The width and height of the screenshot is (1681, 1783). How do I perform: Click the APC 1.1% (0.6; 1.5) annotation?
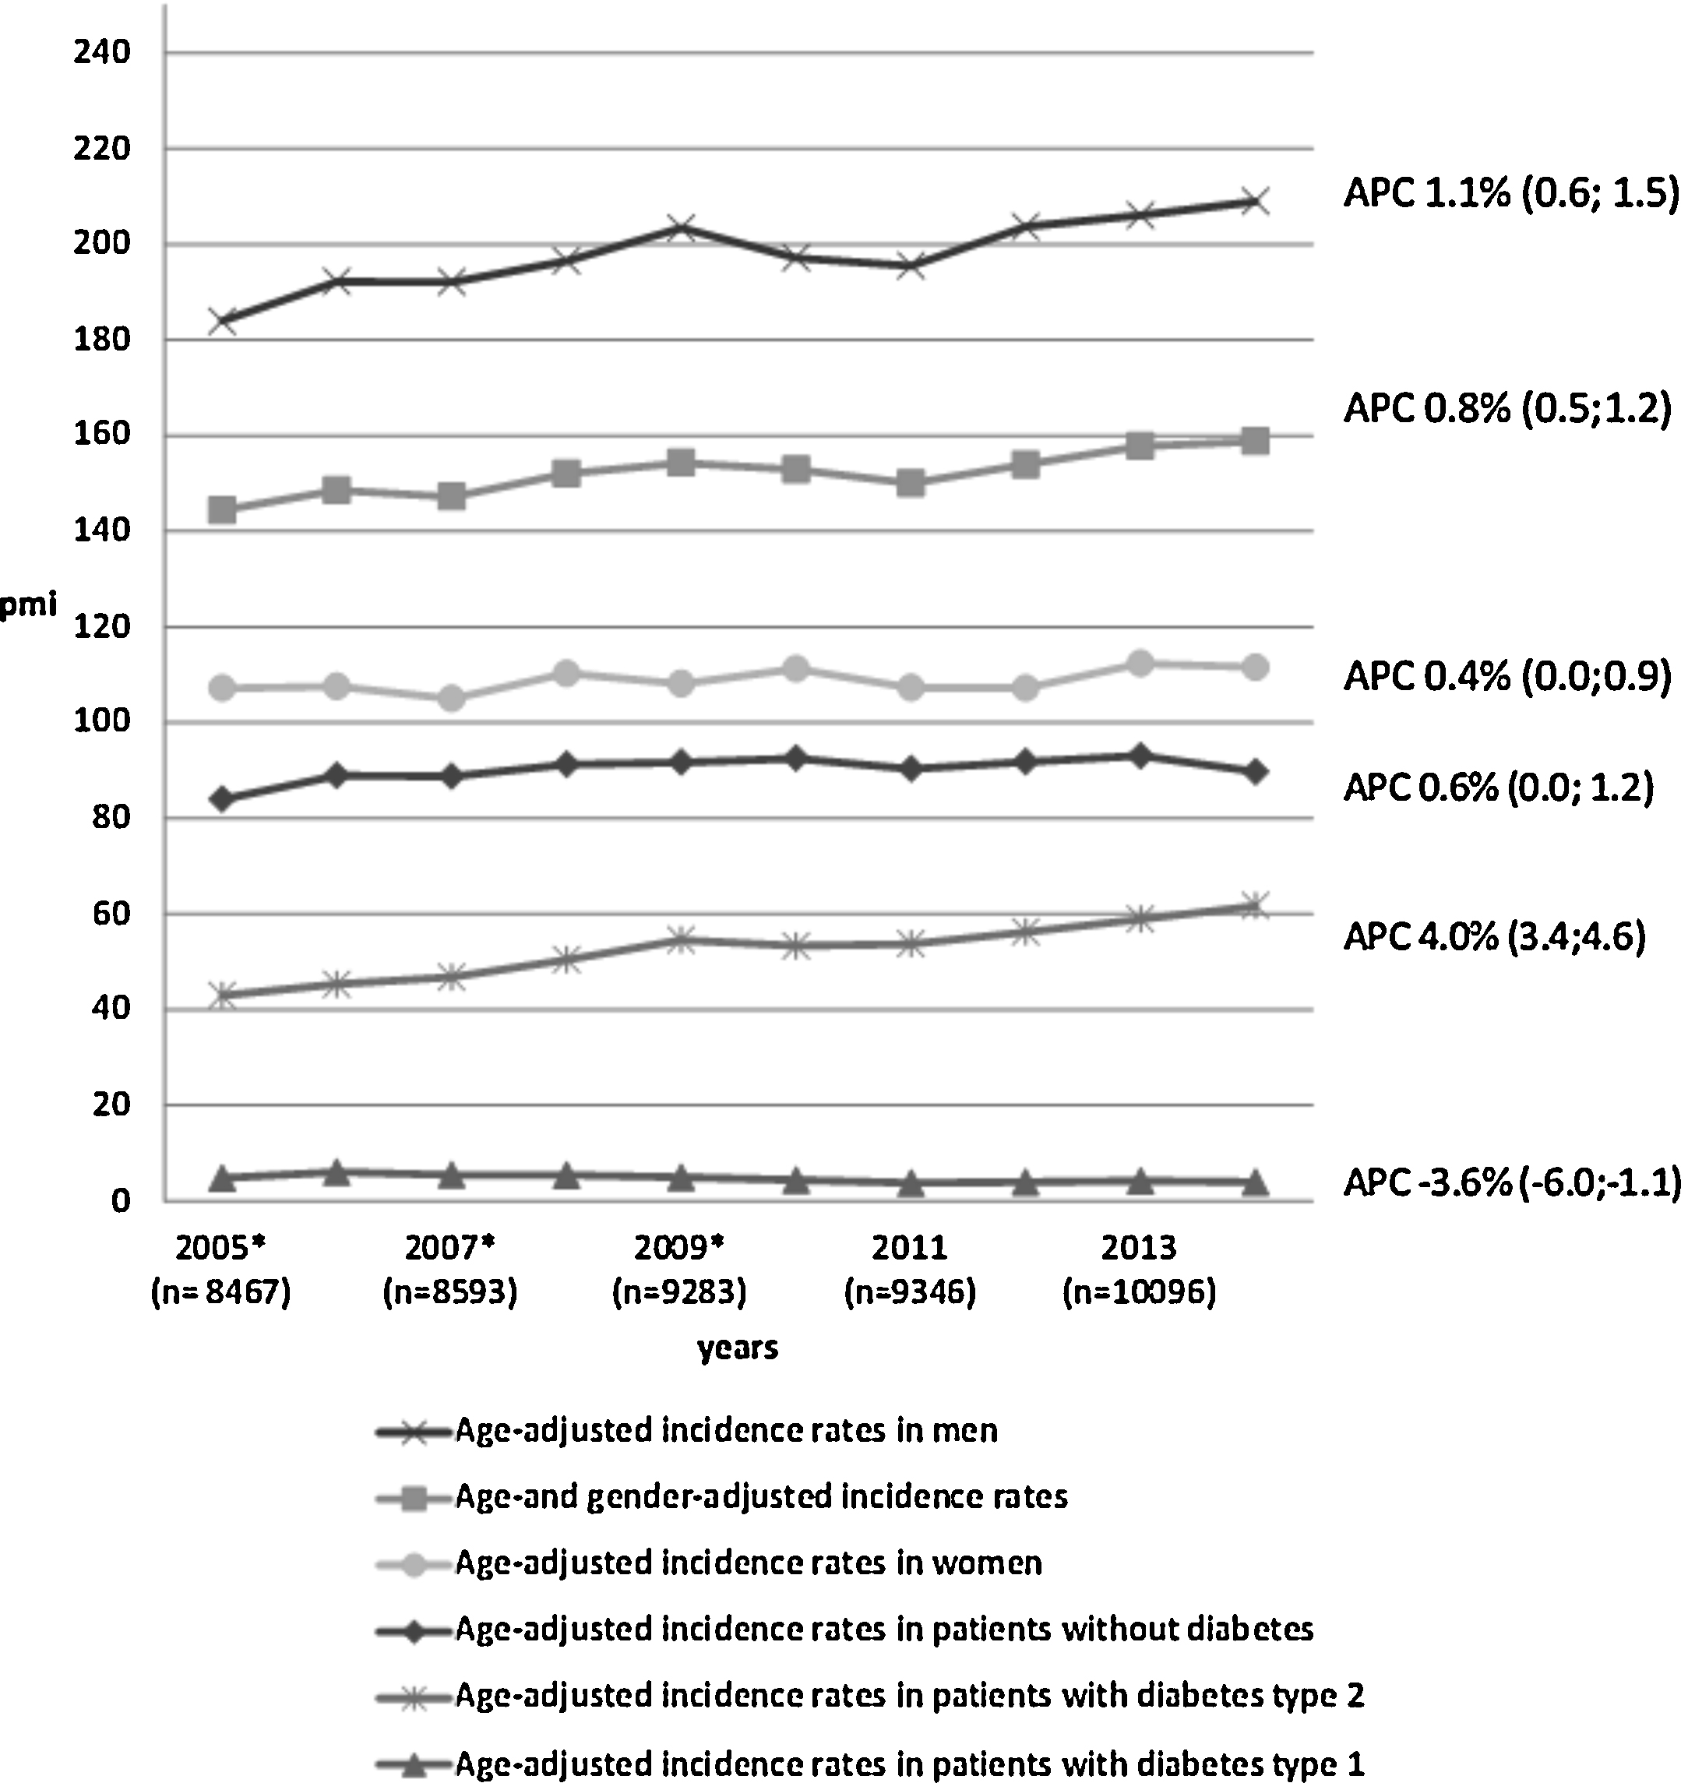point(1510,193)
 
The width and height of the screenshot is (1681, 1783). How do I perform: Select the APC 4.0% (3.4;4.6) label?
point(1494,936)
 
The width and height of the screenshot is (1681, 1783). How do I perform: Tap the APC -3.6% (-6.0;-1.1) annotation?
point(1511,1183)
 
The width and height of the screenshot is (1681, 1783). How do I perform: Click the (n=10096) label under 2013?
point(1139,1292)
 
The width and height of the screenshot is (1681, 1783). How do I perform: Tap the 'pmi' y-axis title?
point(29,606)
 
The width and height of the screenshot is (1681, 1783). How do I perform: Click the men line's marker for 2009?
point(681,227)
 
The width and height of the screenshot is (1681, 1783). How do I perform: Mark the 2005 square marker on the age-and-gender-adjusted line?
point(221,510)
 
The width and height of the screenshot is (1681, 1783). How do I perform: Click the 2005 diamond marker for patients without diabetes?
point(221,799)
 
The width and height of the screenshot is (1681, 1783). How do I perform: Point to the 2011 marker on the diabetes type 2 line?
point(911,943)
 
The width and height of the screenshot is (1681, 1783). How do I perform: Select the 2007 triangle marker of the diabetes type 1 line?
point(451,1175)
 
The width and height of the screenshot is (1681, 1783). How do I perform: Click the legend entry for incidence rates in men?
point(688,1429)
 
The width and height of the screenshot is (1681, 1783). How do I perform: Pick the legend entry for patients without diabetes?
point(846,1629)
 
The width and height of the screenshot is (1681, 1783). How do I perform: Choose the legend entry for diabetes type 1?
point(871,1764)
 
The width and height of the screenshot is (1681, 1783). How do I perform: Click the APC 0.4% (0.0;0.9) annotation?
point(1507,677)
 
